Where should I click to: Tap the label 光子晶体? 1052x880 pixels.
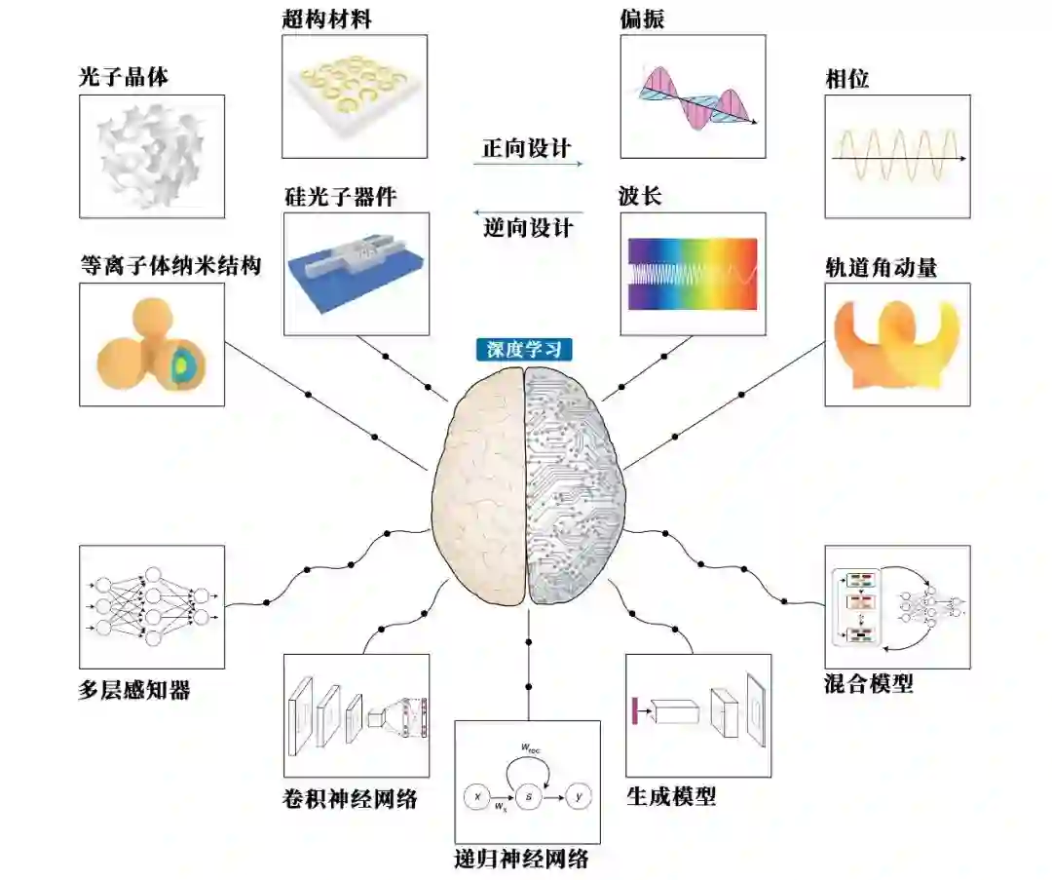(124, 78)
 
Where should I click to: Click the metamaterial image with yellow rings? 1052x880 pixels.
(355, 96)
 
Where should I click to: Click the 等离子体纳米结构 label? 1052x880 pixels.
(170, 265)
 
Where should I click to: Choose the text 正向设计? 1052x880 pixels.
(527, 148)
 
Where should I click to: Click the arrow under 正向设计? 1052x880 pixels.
(527, 165)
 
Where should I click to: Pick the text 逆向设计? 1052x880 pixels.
(527, 229)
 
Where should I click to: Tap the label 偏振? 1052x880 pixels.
(642, 19)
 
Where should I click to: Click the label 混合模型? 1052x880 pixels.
(869, 684)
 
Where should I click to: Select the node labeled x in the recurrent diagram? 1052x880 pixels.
(477, 797)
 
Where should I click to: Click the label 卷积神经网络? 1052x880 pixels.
(348, 800)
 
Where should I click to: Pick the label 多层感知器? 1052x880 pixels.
(133, 691)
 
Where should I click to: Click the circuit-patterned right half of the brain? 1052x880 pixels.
(576, 487)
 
